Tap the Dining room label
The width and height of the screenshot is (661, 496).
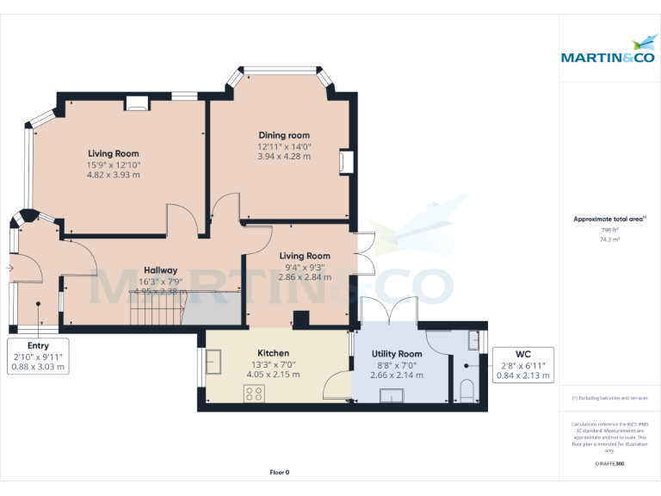[x=284, y=135]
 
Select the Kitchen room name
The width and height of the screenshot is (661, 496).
[x=274, y=353]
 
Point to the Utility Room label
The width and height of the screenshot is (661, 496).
[x=397, y=354]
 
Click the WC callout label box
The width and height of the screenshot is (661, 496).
[x=522, y=365]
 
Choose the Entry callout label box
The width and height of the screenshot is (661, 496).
[x=38, y=356]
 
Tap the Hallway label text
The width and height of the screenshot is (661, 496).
[x=160, y=270]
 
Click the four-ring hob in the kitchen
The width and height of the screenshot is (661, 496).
[x=255, y=394]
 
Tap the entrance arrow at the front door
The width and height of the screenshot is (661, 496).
[x=9, y=268]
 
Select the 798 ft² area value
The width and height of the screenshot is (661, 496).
[x=610, y=230]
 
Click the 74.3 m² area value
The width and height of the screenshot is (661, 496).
[x=610, y=240]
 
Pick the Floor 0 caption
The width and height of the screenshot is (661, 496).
[x=280, y=472]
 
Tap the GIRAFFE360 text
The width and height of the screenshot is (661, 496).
[x=609, y=464]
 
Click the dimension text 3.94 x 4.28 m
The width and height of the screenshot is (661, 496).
[x=284, y=157]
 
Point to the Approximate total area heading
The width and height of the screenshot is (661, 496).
[x=609, y=220]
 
